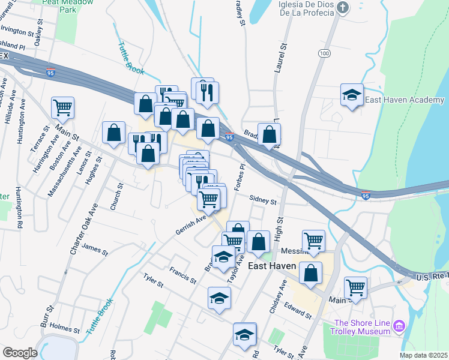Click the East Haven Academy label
[x=395, y=101]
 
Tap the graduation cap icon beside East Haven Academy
[x=352, y=95]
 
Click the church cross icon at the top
[x=343, y=8]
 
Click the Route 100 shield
[x=325, y=53]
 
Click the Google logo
[x=20, y=352]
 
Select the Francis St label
[x=183, y=275]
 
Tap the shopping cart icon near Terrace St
[x=62, y=108]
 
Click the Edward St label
[x=299, y=310]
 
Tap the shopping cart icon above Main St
[x=355, y=287]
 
